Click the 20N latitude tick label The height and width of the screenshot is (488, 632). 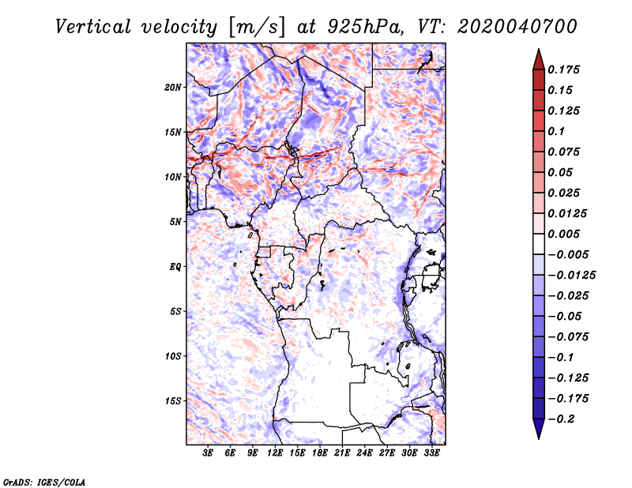tap(174, 87)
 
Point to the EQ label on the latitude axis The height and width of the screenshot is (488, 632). tap(175, 267)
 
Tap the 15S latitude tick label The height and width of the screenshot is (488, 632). tap(174, 401)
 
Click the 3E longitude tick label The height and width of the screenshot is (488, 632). tap(209, 454)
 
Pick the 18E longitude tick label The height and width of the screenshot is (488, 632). tap(320, 454)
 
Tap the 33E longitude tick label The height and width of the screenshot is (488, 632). tap(431, 454)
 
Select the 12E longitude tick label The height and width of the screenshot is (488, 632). tap(275, 454)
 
